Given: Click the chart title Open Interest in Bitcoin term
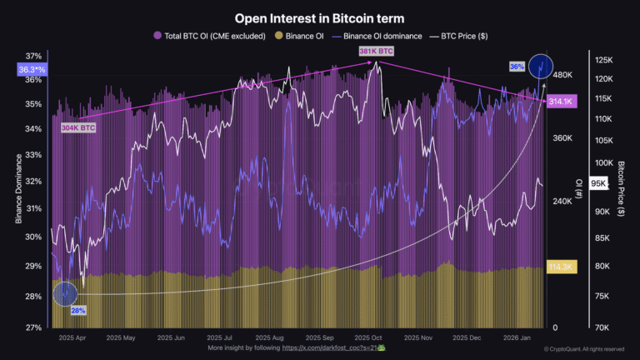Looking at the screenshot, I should (x=320, y=17).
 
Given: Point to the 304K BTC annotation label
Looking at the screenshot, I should (x=77, y=128).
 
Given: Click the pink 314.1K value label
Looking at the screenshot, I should (x=562, y=102).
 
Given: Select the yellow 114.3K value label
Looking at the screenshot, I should (x=562, y=267).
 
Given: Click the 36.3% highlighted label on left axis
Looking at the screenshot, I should (x=32, y=71).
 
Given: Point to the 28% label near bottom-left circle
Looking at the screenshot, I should (x=78, y=310).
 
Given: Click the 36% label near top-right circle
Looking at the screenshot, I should (x=517, y=67).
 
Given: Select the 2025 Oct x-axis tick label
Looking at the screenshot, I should (x=368, y=338).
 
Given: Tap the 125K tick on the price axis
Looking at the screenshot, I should (x=603, y=60).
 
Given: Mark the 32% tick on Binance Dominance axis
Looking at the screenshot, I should (x=33, y=181).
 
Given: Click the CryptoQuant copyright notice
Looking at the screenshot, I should (x=583, y=349).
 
